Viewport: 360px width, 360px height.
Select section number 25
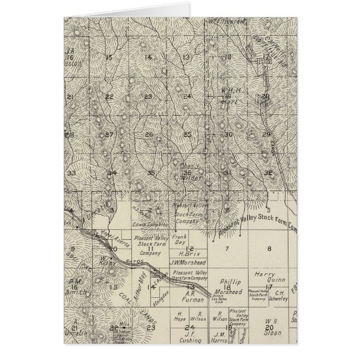(x=187, y=134)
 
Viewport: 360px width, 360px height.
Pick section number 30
(x=228, y=135)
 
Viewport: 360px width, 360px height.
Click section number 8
(x=269, y=248)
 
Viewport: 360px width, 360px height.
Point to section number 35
(x=150, y=173)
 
